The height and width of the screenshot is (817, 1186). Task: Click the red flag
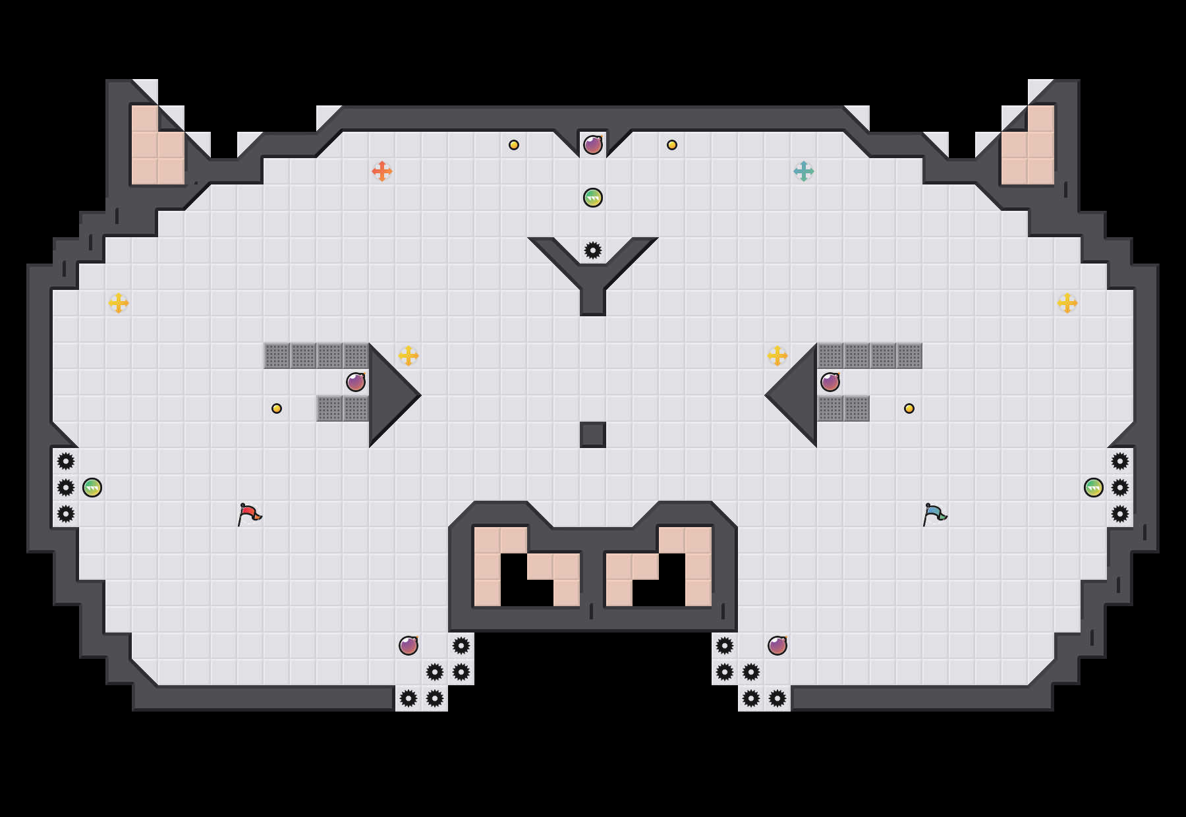click(x=249, y=514)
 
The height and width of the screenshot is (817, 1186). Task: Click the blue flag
click(x=934, y=514)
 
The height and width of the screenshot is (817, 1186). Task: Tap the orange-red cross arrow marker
click(x=382, y=171)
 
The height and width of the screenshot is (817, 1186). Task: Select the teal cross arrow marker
click(x=804, y=171)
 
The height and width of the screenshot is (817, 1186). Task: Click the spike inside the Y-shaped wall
click(x=593, y=250)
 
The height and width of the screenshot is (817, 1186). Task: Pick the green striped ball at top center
click(x=593, y=198)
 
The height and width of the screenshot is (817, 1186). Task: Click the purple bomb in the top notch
click(x=593, y=145)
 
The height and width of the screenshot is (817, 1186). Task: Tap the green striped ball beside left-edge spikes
click(x=92, y=488)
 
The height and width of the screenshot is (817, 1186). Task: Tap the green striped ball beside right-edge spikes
click(x=1094, y=488)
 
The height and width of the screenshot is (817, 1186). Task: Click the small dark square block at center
click(x=593, y=435)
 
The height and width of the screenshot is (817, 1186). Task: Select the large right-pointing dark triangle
click(x=389, y=395)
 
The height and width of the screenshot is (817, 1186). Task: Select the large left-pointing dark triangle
click(x=797, y=395)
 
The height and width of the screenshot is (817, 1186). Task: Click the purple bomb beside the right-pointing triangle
click(x=356, y=382)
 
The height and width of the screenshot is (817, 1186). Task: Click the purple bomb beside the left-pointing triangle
click(x=830, y=382)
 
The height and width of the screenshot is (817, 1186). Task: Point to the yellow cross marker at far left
click(x=119, y=303)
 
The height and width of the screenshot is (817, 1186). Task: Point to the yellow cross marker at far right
click(x=1067, y=303)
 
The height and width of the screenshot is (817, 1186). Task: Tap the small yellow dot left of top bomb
click(x=514, y=145)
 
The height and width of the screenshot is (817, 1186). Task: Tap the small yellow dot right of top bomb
click(x=672, y=145)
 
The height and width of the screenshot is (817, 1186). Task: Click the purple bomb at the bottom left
click(x=409, y=646)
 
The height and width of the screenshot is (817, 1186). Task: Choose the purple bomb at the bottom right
click(x=777, y=646)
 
